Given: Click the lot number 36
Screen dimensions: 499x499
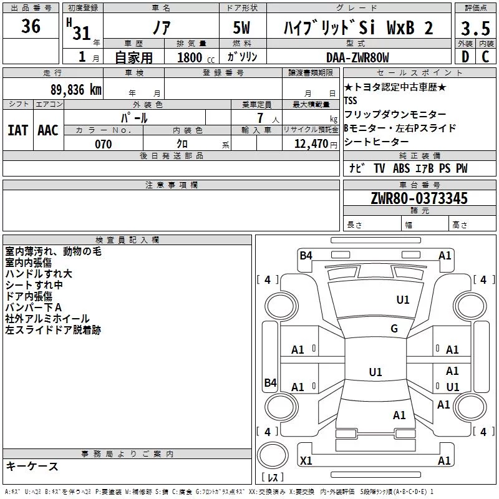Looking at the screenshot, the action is (x=31, y=26).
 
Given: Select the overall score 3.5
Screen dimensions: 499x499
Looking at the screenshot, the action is (x=475, y=28).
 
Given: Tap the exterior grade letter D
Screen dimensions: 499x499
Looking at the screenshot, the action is (x=465, y=57).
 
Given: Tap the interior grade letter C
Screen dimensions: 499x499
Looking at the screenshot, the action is (x=485, y=57).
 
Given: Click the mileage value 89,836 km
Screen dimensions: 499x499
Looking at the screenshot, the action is (x=76, y=90).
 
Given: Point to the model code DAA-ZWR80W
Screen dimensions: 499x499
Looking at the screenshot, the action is (x=357, y=57).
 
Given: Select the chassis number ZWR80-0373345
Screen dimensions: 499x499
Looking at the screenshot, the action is (x=419, y=198).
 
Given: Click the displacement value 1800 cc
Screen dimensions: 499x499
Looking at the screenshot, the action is (x=196, y=57).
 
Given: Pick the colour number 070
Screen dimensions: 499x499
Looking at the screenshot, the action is (x=104, y=144).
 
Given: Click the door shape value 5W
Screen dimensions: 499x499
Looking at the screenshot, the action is (x=241, y=27).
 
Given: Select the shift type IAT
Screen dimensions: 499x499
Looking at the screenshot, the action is (x=17, y=130).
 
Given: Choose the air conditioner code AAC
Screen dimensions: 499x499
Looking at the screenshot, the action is (x=48, y=130).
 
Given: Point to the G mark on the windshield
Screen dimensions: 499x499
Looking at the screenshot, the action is (x=394, y=328).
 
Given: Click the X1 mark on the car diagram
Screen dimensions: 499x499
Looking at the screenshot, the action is (x=306, y=460).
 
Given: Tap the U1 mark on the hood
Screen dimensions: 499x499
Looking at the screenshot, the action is (x=402, y=299).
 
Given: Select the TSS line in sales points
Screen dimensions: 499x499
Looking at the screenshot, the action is (x=351, y=100).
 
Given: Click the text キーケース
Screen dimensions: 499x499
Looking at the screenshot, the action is (x=32, y=466).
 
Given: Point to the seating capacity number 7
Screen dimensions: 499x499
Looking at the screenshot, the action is (x=260, y=118).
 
